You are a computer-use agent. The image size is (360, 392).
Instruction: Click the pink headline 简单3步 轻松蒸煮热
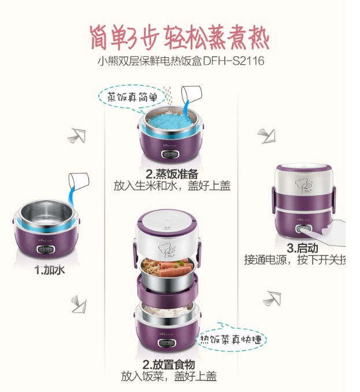point(179,38)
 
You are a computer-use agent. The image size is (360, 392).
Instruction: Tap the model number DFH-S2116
point(233,61)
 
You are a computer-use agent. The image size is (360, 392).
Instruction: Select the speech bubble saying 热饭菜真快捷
point(231,338)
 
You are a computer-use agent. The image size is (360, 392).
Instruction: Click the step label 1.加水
point(49,270)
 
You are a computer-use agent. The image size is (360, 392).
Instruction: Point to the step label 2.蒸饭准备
point(172,174)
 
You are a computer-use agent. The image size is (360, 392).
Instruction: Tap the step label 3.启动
point(302,248)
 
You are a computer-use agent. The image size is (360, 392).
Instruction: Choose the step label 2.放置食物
point(169,364)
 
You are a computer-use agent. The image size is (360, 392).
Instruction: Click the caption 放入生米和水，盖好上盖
point(172,186)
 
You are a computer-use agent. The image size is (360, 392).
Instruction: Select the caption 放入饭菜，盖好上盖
point(169,376)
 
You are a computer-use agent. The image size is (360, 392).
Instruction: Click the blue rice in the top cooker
point(170,121)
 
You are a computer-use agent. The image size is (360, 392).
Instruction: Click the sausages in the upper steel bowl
point(173,268)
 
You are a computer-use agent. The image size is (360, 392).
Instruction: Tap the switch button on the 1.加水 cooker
point(46,249)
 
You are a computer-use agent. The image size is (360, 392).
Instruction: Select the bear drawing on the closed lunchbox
point(303,186)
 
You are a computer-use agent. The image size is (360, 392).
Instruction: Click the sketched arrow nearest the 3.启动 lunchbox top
point(267,136)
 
